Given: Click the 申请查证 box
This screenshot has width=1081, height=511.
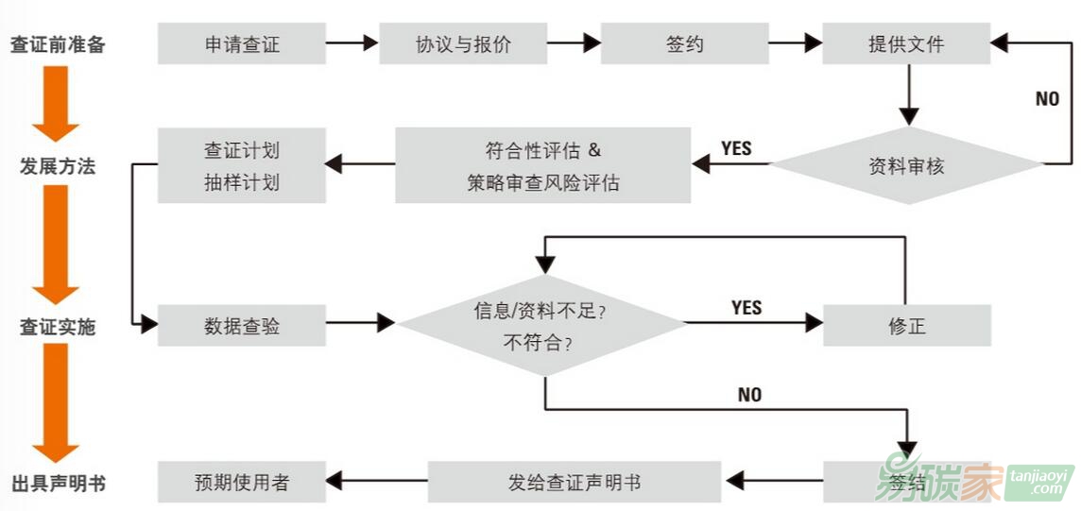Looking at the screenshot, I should (x=242, y=43).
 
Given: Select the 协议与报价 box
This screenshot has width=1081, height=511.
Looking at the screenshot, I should (x=463, y=43).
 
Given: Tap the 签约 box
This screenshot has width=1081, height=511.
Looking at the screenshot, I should (x=684, y=43).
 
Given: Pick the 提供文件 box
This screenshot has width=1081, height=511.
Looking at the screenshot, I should (x=905, y=43).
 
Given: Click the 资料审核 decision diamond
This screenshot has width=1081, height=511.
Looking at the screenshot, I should (x=907, y=166).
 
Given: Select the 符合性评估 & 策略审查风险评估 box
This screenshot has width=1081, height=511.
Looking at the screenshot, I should (x=542, y=166).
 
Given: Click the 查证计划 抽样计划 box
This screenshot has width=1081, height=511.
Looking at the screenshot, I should (x=242, y=166).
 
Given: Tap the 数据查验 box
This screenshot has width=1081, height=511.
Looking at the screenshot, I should (x=242, y=326).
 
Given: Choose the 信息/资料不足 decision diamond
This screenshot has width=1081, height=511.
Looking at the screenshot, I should (x=542, y=326).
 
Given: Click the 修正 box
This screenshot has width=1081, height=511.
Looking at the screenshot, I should (x=905, y=326).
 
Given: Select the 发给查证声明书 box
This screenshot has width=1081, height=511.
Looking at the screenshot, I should (x=574, y=482).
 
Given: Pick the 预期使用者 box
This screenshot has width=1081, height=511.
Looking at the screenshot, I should (x=242, y=482).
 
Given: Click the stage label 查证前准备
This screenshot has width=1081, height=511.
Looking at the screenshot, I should (x=58, y=44).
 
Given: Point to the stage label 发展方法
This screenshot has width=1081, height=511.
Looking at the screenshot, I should (x=58, y=166).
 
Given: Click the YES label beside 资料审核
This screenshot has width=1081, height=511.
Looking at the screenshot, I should (x=736, y=148).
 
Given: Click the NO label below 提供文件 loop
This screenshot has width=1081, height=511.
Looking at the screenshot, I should (x=1047, y=99).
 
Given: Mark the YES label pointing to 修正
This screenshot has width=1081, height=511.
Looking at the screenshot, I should (x=746, y=308).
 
